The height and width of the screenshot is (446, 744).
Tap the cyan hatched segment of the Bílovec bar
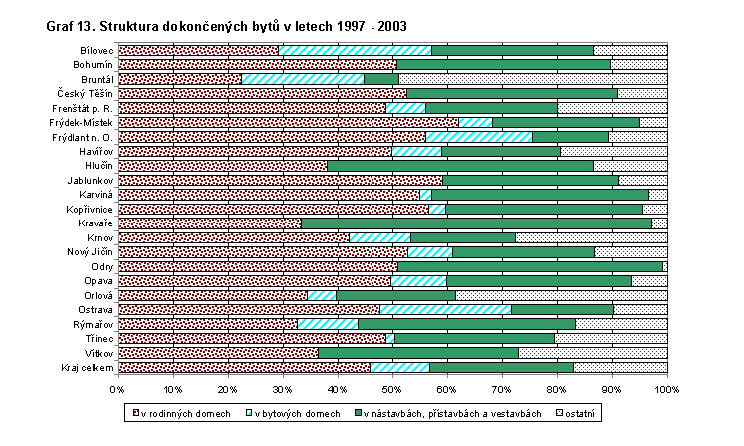355,50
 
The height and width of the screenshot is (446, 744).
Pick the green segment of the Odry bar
529,267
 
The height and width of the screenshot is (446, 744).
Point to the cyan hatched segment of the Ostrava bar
445,310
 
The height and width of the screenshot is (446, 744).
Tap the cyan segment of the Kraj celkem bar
399,368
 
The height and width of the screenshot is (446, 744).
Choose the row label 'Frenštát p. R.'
82,108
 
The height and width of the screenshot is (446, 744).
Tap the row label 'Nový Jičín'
88,252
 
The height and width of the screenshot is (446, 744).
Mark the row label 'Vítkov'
96,354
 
